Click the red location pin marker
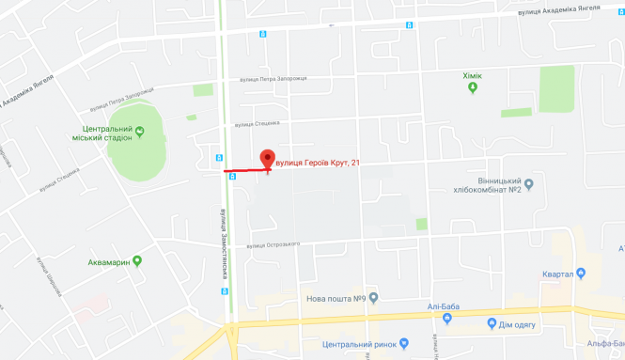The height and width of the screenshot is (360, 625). click(x=267, y=160)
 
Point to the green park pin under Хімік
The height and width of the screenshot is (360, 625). click(x=474, y=87)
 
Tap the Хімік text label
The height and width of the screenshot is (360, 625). click(x=474, y=73)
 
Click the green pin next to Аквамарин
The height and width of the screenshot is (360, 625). click(x=137, y=260)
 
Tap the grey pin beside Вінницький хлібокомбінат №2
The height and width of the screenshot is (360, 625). click(x=528, y=183)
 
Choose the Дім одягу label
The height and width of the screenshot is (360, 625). click(x=524, y=324)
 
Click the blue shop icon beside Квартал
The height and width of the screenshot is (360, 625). click(x=583, y=274)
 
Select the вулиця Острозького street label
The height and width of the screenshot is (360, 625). click(x=273, y=245)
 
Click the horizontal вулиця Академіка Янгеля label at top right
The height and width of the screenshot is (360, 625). click(x=557, y=10)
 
